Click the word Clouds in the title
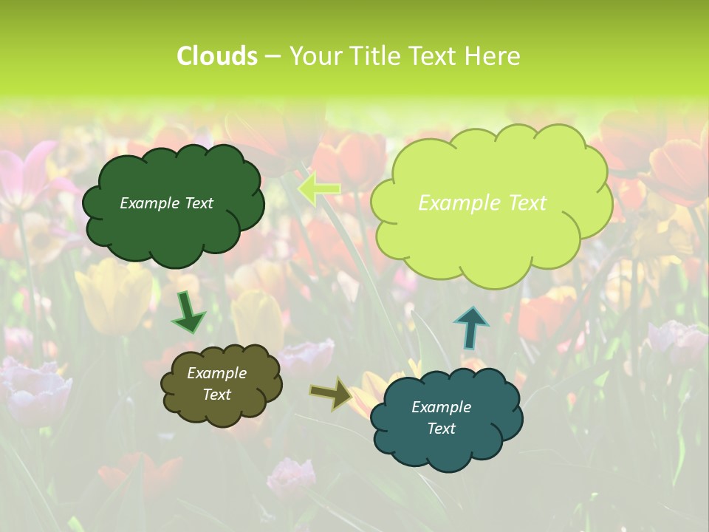(216, 56)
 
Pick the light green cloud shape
(490, 236)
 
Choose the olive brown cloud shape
(222, 406)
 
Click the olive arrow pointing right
(330, 393)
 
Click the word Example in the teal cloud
(441, 407)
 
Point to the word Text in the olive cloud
(217, 395)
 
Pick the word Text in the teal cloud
(441, 429)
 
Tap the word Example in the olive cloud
(217, 373)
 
